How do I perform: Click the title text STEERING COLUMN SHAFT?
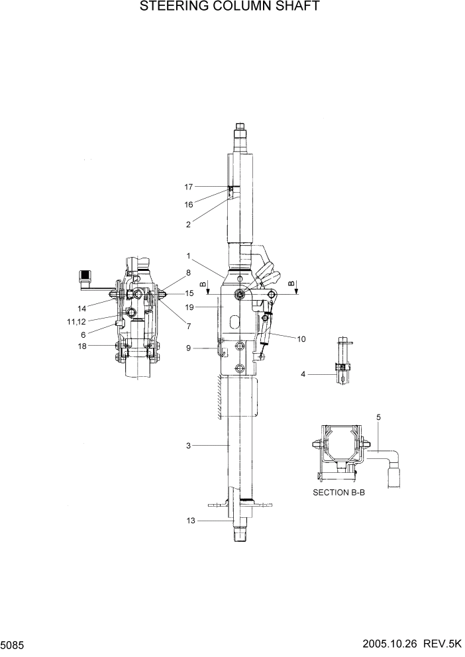pyautogui.click(x=230, y=7)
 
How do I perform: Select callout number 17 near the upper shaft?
pyautogui.click(x=189, y=187)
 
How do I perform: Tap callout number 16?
pyautogui.click(x=189, y=205)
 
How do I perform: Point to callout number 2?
pyautogui.click(x=189, y=225)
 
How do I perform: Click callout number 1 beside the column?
pyautogui.click(x=189, y=256)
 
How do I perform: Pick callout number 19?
pyautogui.click(x=189, y=307)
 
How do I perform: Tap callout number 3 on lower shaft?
pyautogui.click(x=189, y=446)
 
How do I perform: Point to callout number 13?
pyautogui.click(x=191, y=521)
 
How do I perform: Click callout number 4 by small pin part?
pyautogui.click(x=303, y=374)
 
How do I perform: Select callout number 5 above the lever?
pyautogui.click(x=379, y=417)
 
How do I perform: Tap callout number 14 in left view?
pyautogui.click(x=82, y=308)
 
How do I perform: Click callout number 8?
pyautogui.click(x=189, y=272)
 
